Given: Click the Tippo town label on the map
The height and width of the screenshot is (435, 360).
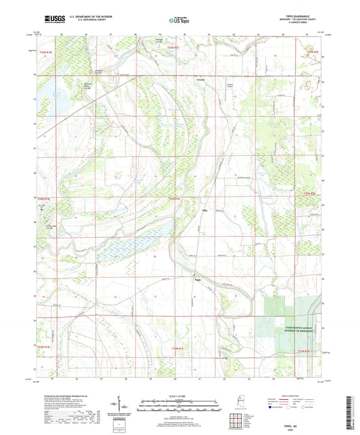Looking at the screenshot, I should [198, 280].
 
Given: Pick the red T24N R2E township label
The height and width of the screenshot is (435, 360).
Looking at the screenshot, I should [311, 194].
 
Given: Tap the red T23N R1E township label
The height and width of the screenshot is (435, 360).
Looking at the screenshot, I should [178, 348].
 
